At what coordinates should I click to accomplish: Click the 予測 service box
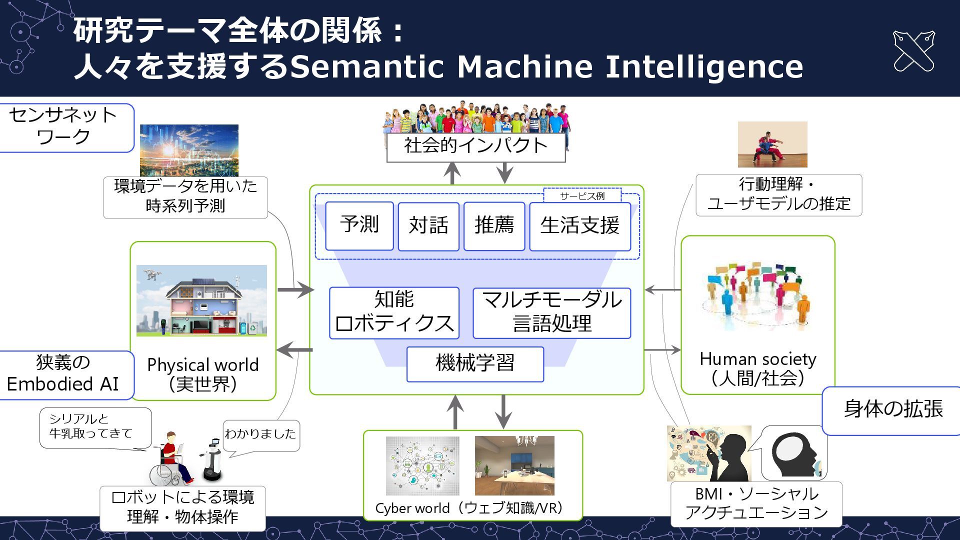[359, 225]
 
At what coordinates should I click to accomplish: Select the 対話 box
[428, 226]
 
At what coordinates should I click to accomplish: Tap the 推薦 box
[494, 226]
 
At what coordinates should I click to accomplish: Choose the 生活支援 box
[579, 226]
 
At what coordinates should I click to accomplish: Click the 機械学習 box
[475, 364]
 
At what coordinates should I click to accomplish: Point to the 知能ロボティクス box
[394, 312]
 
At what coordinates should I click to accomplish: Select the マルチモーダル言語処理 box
[551, 312]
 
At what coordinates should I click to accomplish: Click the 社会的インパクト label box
[475, 146]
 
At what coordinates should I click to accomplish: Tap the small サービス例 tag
[582, 196]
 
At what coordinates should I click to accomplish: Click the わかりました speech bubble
[260, 434]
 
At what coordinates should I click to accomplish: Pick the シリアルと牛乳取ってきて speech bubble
[95, 426]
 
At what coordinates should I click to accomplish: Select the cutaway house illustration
[201, 300]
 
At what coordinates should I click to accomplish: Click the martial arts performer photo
[772, 144]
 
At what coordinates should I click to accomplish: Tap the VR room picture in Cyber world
[514, 465]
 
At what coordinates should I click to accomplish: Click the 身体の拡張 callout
[893, 409]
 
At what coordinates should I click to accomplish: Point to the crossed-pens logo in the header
[913, 51]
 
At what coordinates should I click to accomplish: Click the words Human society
[757, 359]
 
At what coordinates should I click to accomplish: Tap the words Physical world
[203, 365]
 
